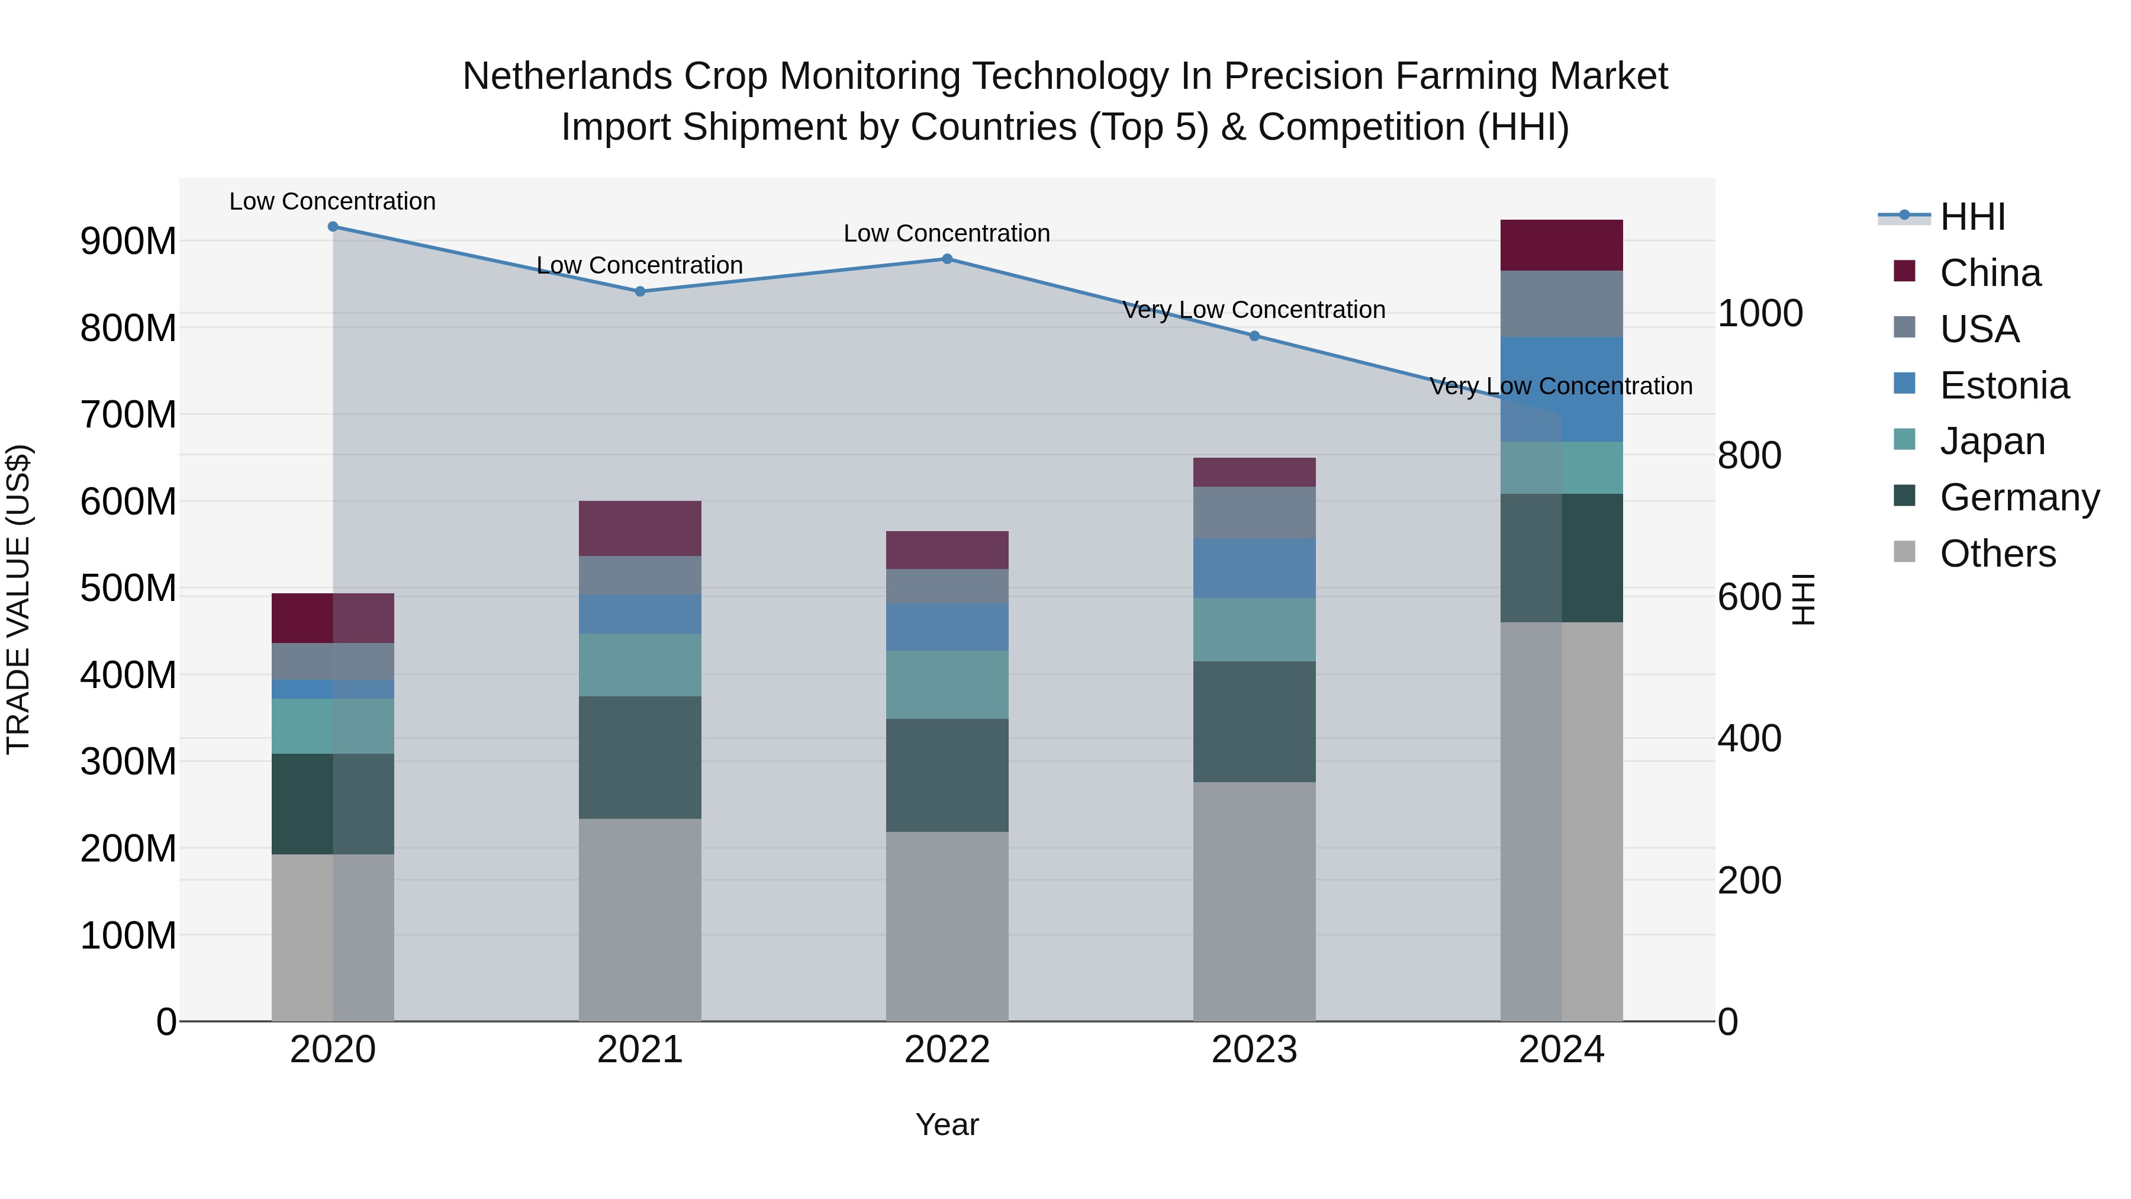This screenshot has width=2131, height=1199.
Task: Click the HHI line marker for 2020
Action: click(333, 227)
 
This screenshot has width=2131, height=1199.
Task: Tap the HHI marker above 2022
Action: click(947, 259)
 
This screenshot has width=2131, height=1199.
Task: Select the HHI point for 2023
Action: click(1254, 336)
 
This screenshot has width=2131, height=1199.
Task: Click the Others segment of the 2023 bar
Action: click(1254, 901)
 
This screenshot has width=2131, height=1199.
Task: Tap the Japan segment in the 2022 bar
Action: click(947, 684)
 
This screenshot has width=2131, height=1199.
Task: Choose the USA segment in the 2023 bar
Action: click(1254, 512)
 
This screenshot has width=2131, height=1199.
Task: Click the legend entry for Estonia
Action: click(2004, 385)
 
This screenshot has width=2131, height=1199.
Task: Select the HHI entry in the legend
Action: click(1972, 217)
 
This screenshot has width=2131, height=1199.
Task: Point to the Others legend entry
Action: click(1997, 554)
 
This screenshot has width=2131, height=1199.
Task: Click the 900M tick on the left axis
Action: click(128, 242)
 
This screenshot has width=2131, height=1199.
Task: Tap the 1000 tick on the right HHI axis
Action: click(1760, 314)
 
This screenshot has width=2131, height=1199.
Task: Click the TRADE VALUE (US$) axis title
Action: click(19, 599)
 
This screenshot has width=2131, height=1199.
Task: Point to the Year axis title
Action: click(947, 1124)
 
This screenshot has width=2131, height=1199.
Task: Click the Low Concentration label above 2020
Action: click(333, 201)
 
